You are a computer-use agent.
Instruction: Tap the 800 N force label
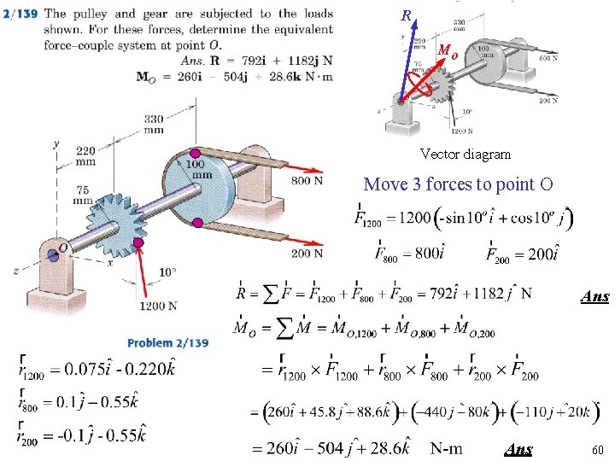pyautogui.click(x=307, y=180)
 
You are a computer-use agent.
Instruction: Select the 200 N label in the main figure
pyautogui.click(x=307, y=253)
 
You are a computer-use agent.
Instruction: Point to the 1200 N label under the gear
pyautogui.click(x=159, y=306)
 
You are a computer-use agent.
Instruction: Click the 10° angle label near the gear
pyautogui.click(x=167, y=271)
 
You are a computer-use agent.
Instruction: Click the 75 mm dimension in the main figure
pyautogui.click(x=83, y=195)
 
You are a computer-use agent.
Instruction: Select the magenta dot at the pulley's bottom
pyautogui.click(x=197, y=223)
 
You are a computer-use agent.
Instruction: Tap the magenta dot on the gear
pyautogui.click(x=138, y=242)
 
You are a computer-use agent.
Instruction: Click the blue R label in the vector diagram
pyautogui.click(x=406, y=15)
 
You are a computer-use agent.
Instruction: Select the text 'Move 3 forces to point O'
pyautogui.click(x=458, y=184)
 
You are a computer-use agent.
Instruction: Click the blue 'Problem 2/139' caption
pyautogui.click(x=168, y=343)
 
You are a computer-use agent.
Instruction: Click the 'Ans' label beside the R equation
pyautogui.click(x=594, y=297)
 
